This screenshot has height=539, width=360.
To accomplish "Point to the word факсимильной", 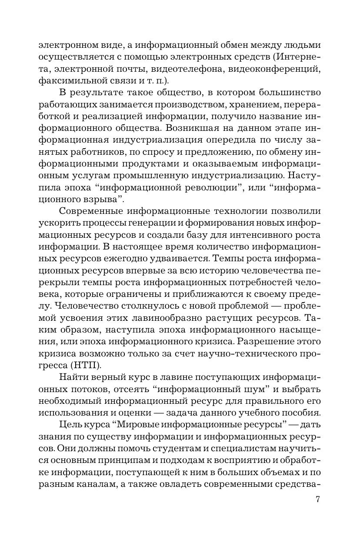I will (x=69, y=80).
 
